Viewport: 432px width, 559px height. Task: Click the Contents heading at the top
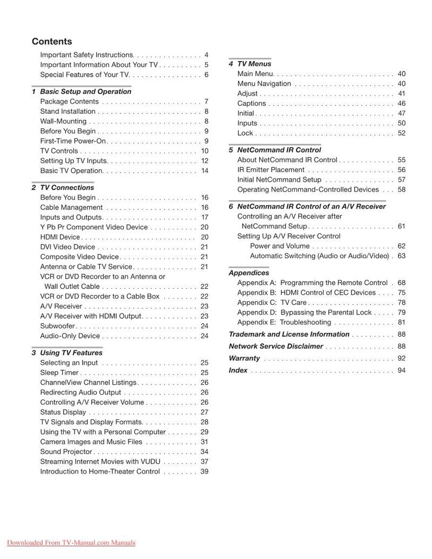tap(52, 42)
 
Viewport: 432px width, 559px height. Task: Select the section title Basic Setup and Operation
tap(85, 92)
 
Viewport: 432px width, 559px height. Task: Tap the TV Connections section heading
tap(67, 188)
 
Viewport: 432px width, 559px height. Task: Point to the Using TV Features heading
tap(71, 353)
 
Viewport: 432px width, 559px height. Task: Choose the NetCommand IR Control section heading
tap(279, 150)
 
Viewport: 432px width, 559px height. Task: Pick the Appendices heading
tap(248, 273)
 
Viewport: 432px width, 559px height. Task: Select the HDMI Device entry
tap(60, 237)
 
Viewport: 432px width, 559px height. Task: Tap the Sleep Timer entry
tap(59, 373)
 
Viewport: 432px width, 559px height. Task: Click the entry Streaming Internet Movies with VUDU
tap(100, 461)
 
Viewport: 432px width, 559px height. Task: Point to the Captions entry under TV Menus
tap(252, 104)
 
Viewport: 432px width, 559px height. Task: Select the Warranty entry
tap(244, 358)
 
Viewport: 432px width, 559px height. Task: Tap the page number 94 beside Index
tap(401, 371)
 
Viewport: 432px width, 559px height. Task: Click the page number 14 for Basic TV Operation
tap(205, 171)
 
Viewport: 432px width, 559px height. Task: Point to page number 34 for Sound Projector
tap(205, 452)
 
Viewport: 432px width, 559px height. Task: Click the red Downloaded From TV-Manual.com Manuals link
tap(71, 543)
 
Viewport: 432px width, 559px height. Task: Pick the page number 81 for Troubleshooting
tap(401, 323)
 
